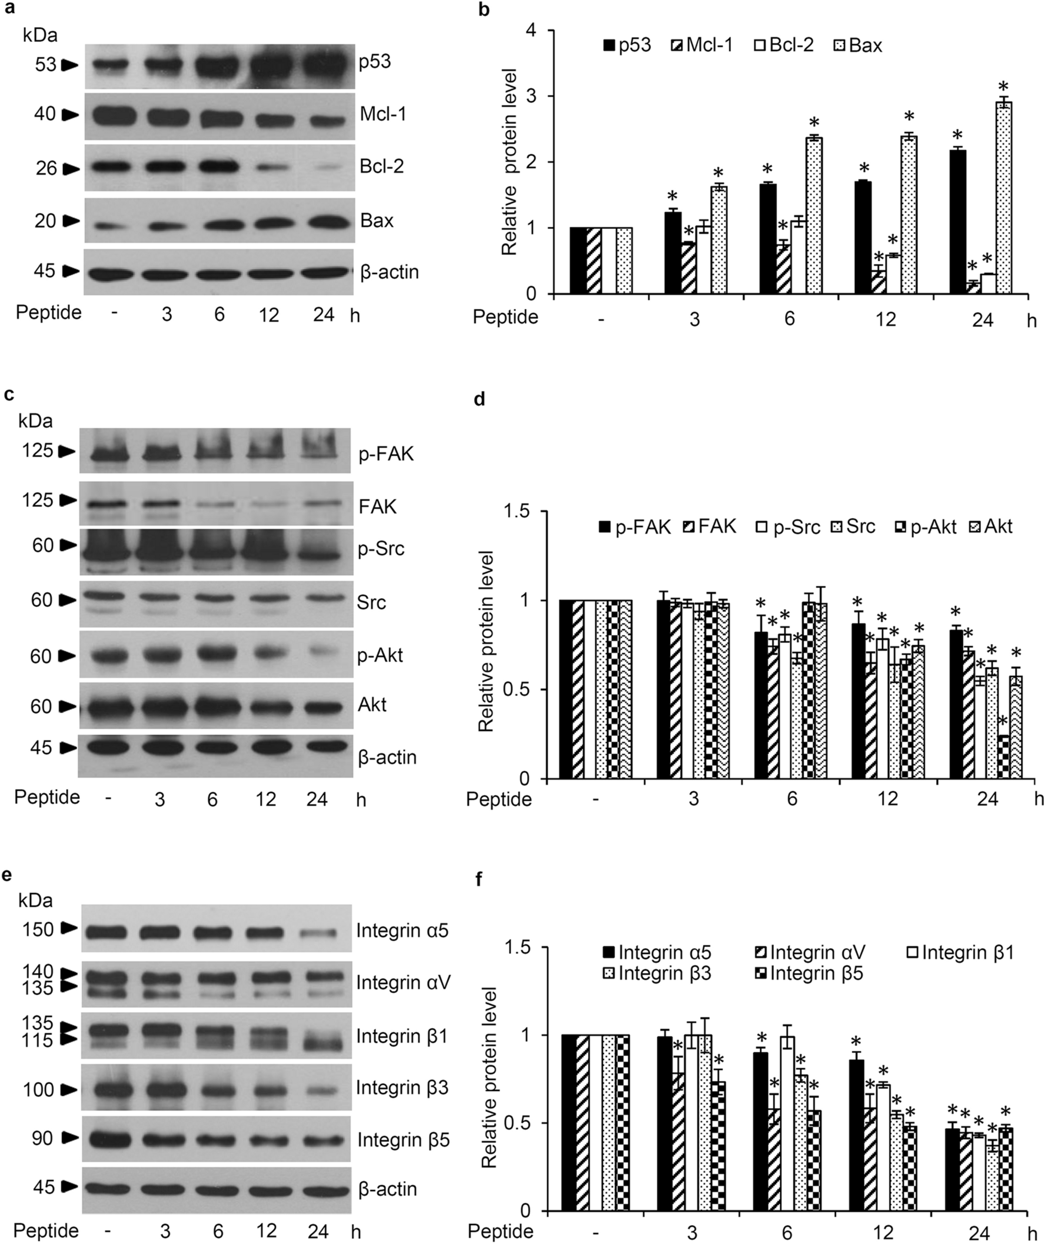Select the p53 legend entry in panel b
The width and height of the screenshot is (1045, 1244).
[627, 46]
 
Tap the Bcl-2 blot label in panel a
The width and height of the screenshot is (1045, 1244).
[382, 166]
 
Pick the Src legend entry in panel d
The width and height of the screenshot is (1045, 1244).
[854, 526]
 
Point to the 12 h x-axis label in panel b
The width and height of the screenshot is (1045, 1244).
[886, 320]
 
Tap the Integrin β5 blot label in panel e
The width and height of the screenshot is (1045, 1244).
[402, 1140]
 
